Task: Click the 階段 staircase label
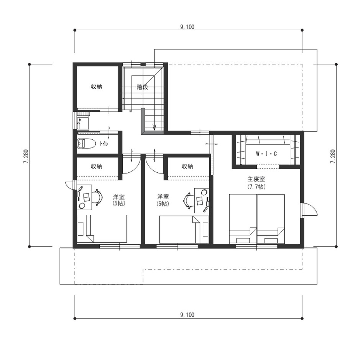[x=142, y=87]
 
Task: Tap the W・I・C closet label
[x=266, y=154]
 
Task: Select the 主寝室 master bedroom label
[x=256, y=179]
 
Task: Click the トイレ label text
[x=104, y=144]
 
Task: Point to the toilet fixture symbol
[x=86, y=144]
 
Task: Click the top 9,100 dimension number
[x=187, y=27]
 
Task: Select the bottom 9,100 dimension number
[x=187, y=315]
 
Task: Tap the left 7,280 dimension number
[x=26, y=157]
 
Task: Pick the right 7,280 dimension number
[x=333, y=157]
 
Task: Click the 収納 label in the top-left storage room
[x=97, y=87]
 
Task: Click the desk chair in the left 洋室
[x=98, y=197]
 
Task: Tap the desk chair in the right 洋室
[x=189, y=201]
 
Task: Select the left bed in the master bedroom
[x=243, y=219]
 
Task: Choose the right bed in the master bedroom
[x=271, y=219]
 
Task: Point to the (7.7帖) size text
[x=256, y=187]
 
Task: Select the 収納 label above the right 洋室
[x=187, y=166]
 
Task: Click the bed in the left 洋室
[x=102, y=229]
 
